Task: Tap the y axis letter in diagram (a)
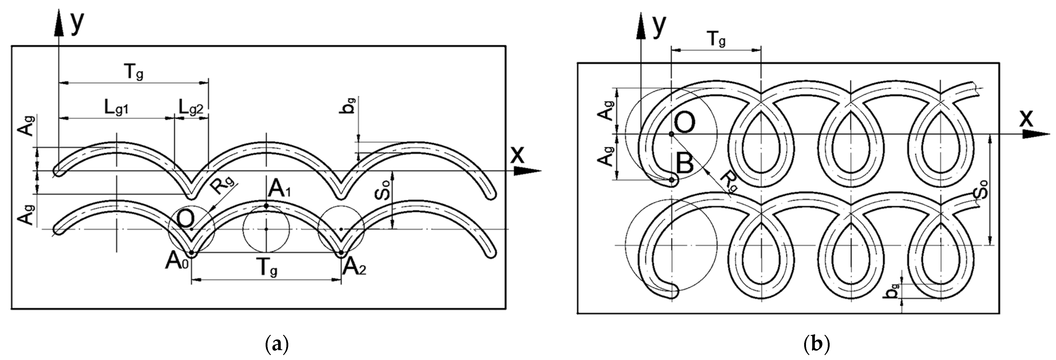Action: pos(77,24)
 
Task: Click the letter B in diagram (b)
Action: pos(684,164)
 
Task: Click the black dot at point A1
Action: pos(266,206)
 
